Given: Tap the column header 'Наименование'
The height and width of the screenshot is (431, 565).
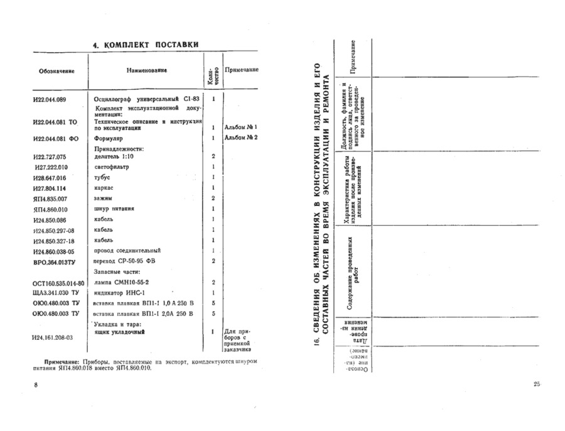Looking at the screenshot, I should pyautogui.click(x=146, y=70).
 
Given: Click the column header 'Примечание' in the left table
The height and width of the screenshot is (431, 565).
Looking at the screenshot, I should pyautogui.click(x=242, y=70).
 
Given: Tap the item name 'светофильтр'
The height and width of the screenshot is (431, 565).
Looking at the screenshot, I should pyautogui.click(x=113, y=166).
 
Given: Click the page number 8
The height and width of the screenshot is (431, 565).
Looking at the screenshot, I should pyautogui.click(x=36, y=384).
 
